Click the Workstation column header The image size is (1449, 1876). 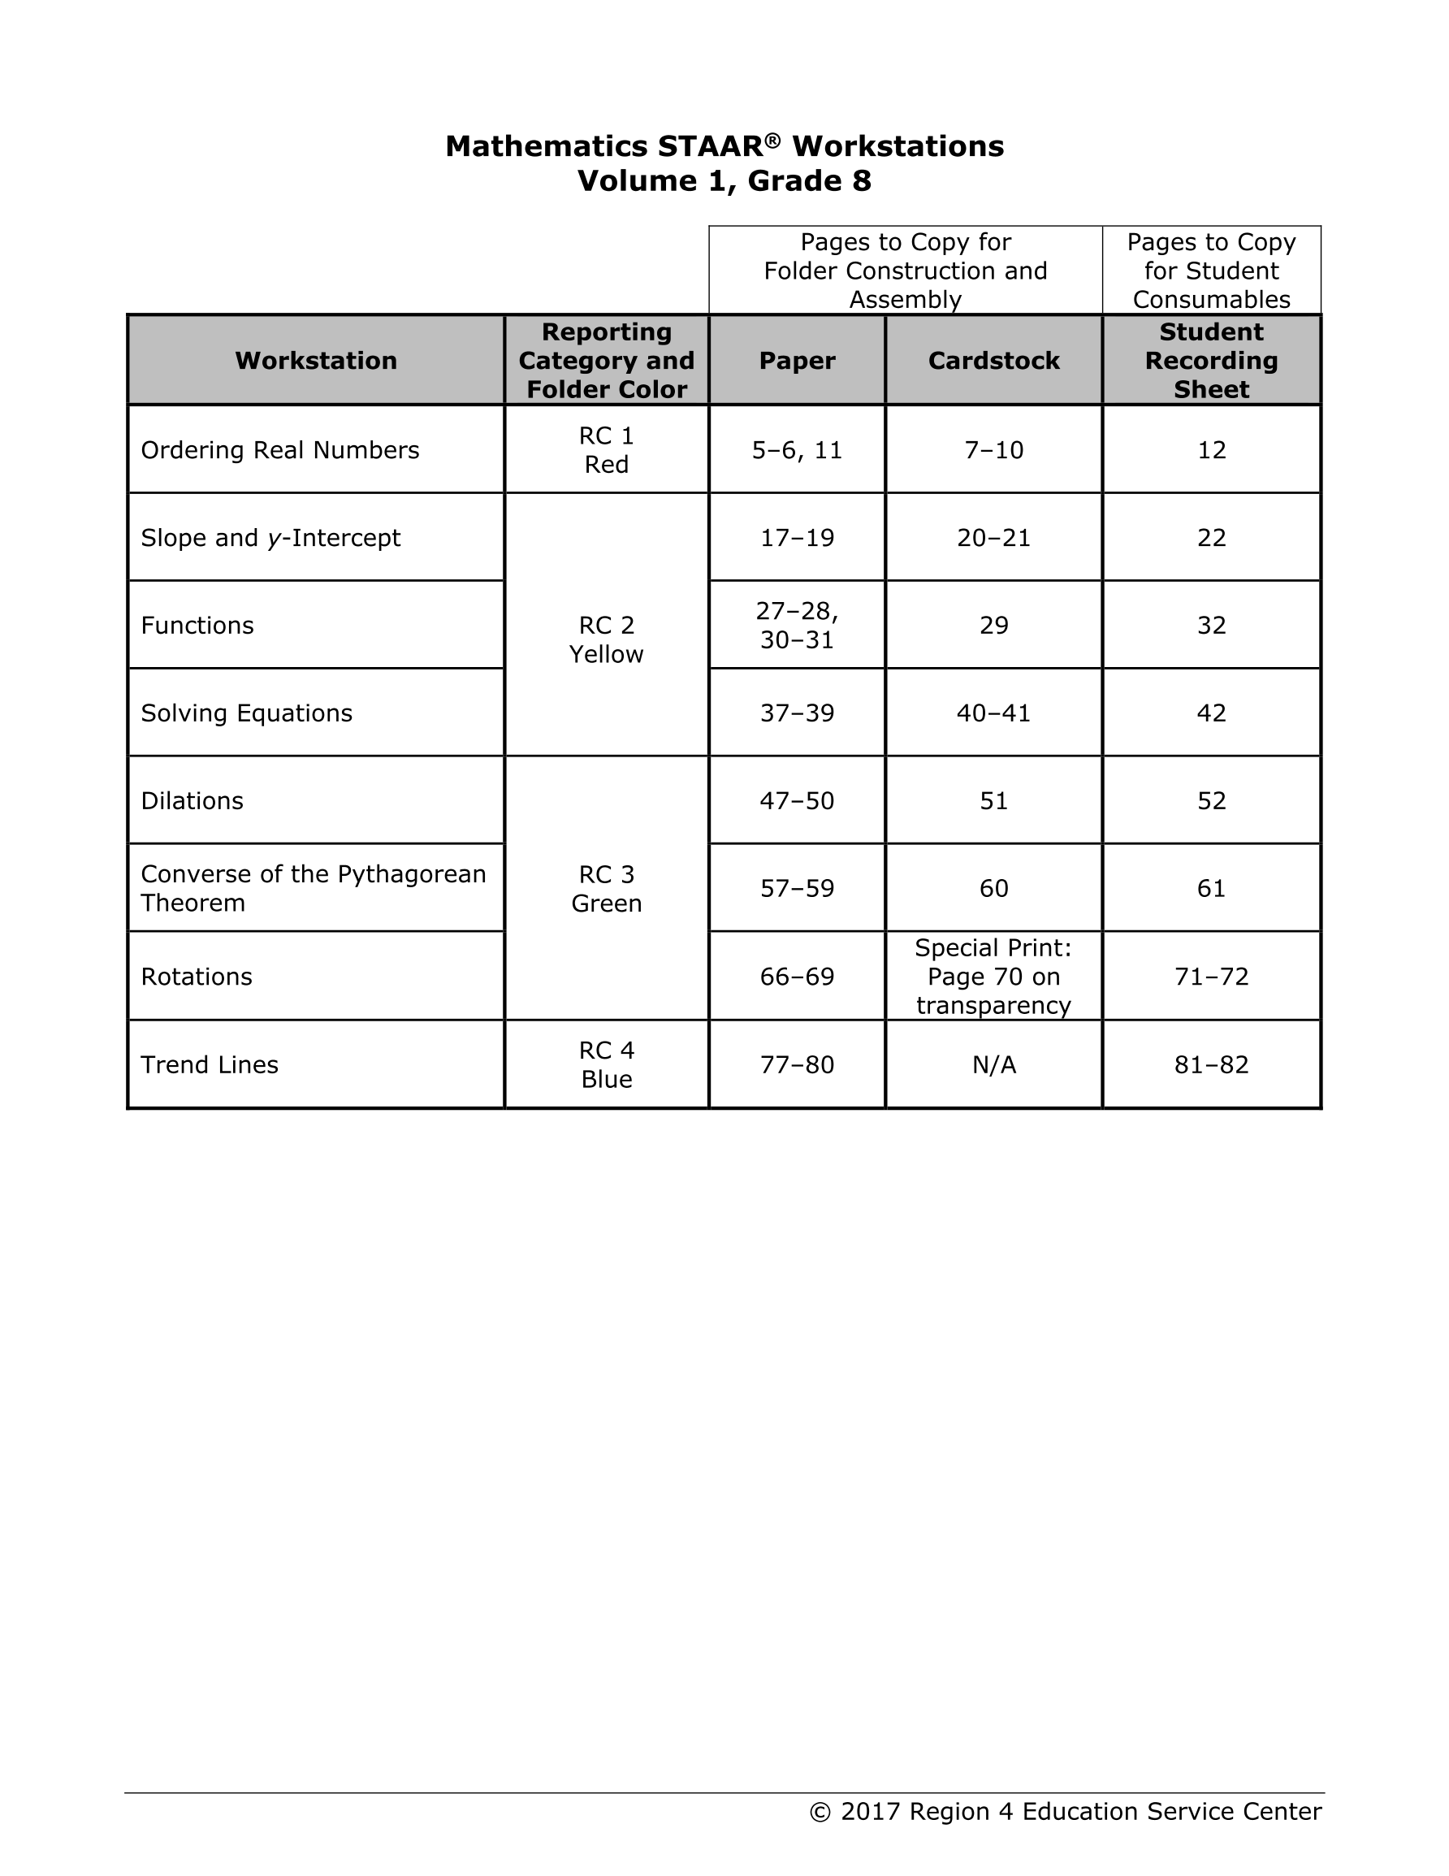(x=316, y=360)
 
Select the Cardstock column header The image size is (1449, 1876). (x=994, y=360)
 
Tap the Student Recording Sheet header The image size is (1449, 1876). (x=1211, y=360)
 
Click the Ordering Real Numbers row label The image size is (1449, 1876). (x=280, y=450)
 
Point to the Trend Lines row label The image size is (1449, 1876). (x=210, y=1064)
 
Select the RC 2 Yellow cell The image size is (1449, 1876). (x=607, y=639)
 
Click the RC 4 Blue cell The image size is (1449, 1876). (x=607, y=1064)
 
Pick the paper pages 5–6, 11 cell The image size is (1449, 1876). (x=797, y=450)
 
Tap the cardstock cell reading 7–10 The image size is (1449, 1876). (x=994, y=450)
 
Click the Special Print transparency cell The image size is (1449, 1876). (x=994, y=976)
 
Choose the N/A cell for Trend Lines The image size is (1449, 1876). (x=994, y=1064)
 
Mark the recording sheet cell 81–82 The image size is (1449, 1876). (x=1211, y=1064)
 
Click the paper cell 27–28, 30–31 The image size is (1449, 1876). (x=797, y=626)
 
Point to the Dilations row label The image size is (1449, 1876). (x=192, y=800)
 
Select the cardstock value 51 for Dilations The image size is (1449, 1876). (x=994, y=800)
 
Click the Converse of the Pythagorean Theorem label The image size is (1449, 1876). (x=313, y=888)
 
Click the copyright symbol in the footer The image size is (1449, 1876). (x=820, y=1812)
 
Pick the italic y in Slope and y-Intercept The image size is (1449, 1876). (x=274, y=539)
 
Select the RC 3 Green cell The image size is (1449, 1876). (x=607, y=888)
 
